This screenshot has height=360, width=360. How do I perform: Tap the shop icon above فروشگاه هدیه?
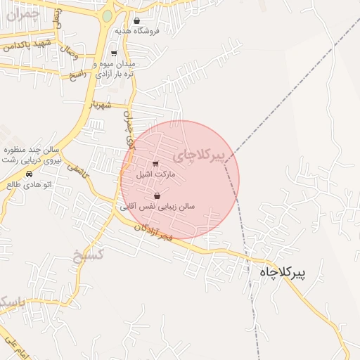pyautogui.click(x=136, y=21)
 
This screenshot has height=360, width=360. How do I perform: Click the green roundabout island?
pyautogui.click(x=107, y=15)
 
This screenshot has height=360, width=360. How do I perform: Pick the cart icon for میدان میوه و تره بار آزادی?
pyautogui.click(x=114, y=53)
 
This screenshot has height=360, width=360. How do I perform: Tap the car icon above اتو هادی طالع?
pyautogui.click(x=29, y=173)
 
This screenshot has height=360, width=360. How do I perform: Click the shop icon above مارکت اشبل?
pyautogui.click(x=155, y=164)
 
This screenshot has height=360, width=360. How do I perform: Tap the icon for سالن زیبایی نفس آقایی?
pyautogui.click(x=156, y=196)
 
